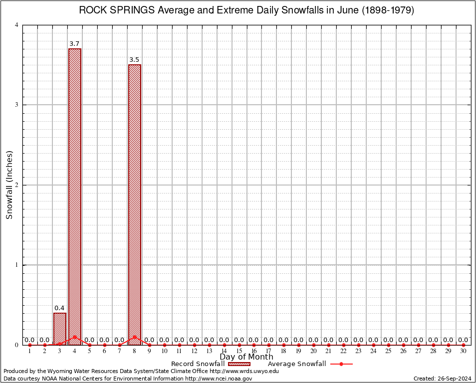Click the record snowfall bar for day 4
pos(75,194)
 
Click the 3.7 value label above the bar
pos(74,44)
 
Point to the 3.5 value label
pos(134,60)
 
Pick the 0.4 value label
pos(59,308)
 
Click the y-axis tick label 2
pos(16,185)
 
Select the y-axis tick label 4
pos(16,25)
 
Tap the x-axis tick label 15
pos(239,352)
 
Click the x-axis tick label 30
pos(463,352)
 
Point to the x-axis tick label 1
pos(30,352)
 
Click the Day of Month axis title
pos(246,357)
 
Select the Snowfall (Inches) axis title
pos(9,185)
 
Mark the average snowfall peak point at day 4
pos(75,337)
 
